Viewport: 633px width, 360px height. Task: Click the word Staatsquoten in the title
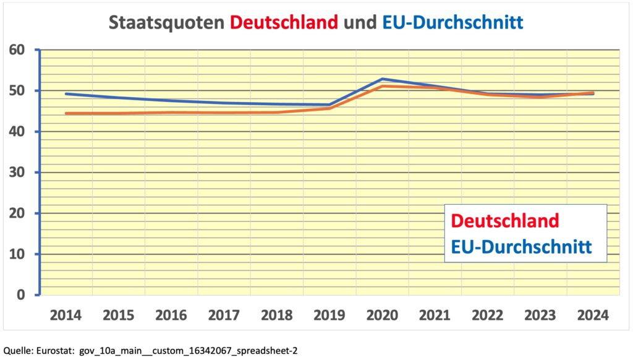pos(166,23)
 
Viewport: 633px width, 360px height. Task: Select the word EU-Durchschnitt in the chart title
pos(452,23)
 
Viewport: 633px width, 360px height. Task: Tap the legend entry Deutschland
pos(505,220)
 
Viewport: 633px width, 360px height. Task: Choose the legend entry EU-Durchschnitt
pos(521,247)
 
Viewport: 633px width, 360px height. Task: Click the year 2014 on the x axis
pos(66,315)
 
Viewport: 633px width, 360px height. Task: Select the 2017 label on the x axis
pos(224,315)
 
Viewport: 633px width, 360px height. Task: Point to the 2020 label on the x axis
pos(382,315)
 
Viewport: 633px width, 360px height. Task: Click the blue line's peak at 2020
pos(382,79)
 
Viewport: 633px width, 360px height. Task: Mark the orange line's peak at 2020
pos(382,86)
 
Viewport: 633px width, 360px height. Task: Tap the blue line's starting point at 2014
pos(66,94)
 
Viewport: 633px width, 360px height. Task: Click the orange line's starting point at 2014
pos(66,114)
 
